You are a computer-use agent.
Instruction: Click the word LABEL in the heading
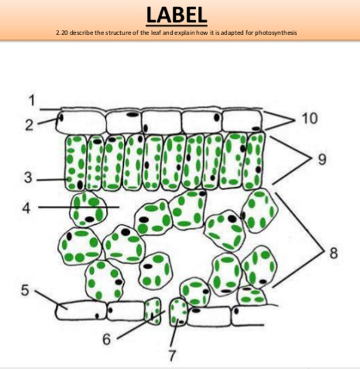coord(178,15)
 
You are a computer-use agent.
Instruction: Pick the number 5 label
coord(25,290)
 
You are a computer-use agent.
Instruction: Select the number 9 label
coord(323,158)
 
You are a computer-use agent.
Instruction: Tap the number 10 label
coord(309,118)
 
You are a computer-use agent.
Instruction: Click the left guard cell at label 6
coord(154,312)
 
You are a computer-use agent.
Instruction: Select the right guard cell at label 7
coord(178,311)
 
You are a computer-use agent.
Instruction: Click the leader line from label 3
coord(51,179)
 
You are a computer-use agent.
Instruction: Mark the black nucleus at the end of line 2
coord(59,118)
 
